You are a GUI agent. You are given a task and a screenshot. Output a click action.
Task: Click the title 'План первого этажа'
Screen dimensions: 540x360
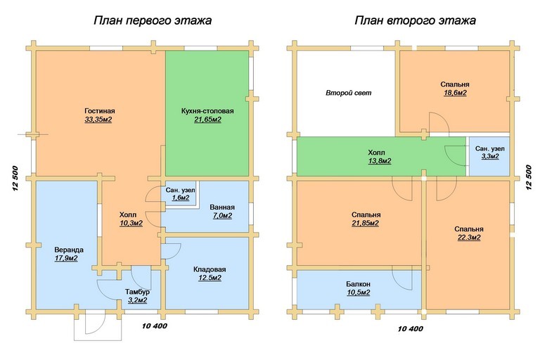(153, 20)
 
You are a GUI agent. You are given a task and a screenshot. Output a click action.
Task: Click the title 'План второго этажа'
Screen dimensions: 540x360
(416, 20)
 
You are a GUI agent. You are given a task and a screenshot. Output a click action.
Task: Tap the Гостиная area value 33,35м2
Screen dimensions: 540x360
(98, 120)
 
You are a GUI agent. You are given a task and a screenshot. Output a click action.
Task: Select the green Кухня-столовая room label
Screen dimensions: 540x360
(207, 111)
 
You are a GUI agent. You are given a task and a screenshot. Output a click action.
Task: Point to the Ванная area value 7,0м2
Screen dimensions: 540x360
(222, 216)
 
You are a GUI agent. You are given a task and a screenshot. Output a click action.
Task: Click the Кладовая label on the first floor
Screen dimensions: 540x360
(210, 269)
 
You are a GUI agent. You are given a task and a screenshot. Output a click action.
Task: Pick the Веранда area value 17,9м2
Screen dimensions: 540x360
(66, 258)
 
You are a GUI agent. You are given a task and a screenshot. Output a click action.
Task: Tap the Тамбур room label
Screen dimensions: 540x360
(137, 292)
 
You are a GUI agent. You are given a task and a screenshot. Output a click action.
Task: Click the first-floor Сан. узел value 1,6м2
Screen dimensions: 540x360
(181, 198)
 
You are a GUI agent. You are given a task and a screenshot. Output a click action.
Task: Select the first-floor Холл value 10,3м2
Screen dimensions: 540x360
(131, 224)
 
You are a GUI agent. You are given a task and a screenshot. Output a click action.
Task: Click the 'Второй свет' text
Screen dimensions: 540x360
(349, 93)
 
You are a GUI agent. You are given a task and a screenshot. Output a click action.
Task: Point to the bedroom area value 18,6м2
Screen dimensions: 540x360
(456, 93)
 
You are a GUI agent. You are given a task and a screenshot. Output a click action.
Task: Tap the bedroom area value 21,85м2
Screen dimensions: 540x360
(366, 223)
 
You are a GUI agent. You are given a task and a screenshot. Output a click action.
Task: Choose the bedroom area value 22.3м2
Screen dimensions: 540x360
(469, 238)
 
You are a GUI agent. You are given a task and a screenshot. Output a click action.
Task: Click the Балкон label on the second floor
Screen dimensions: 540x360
(359, 284)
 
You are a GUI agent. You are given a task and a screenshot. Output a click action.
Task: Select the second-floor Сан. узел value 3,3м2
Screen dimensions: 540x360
(490, 156)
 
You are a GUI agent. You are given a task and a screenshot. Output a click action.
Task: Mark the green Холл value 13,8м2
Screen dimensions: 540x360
(380, 161)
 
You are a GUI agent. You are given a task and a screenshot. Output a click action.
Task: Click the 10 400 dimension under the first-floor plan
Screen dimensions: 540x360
(154, 326)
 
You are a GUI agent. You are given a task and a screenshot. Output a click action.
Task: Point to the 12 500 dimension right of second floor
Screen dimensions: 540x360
(529, 177)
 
